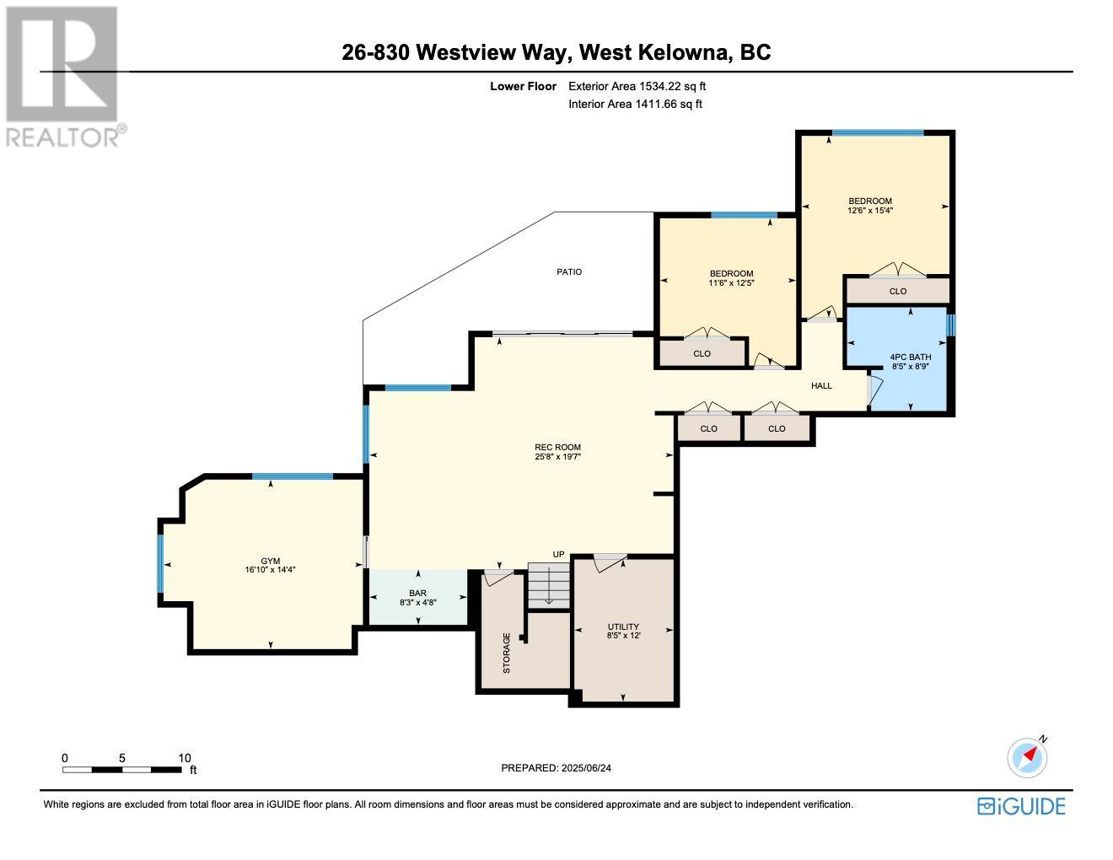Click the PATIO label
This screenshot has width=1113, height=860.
(569, 272)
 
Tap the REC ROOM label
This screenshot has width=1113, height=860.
(557, 447)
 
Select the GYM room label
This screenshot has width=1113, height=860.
(271, 562)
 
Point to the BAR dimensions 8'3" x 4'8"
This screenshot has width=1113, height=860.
(418, 602)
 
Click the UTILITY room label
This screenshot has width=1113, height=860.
(623, 627)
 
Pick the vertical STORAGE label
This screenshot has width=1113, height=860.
(507, 653)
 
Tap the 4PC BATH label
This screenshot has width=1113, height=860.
(910, 357)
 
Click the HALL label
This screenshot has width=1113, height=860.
(821, 385)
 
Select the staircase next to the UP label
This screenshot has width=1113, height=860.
(549, 585)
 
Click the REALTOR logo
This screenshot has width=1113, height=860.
(62, 77)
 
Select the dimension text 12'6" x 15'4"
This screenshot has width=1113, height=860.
(870, 210)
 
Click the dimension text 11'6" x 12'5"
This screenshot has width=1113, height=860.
(731, 282)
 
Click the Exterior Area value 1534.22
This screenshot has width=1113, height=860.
(659, 86)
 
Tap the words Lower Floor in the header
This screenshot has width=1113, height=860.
(523, 86)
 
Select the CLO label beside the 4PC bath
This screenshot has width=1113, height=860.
(898, 292)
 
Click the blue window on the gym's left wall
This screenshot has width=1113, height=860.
(160, 563)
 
